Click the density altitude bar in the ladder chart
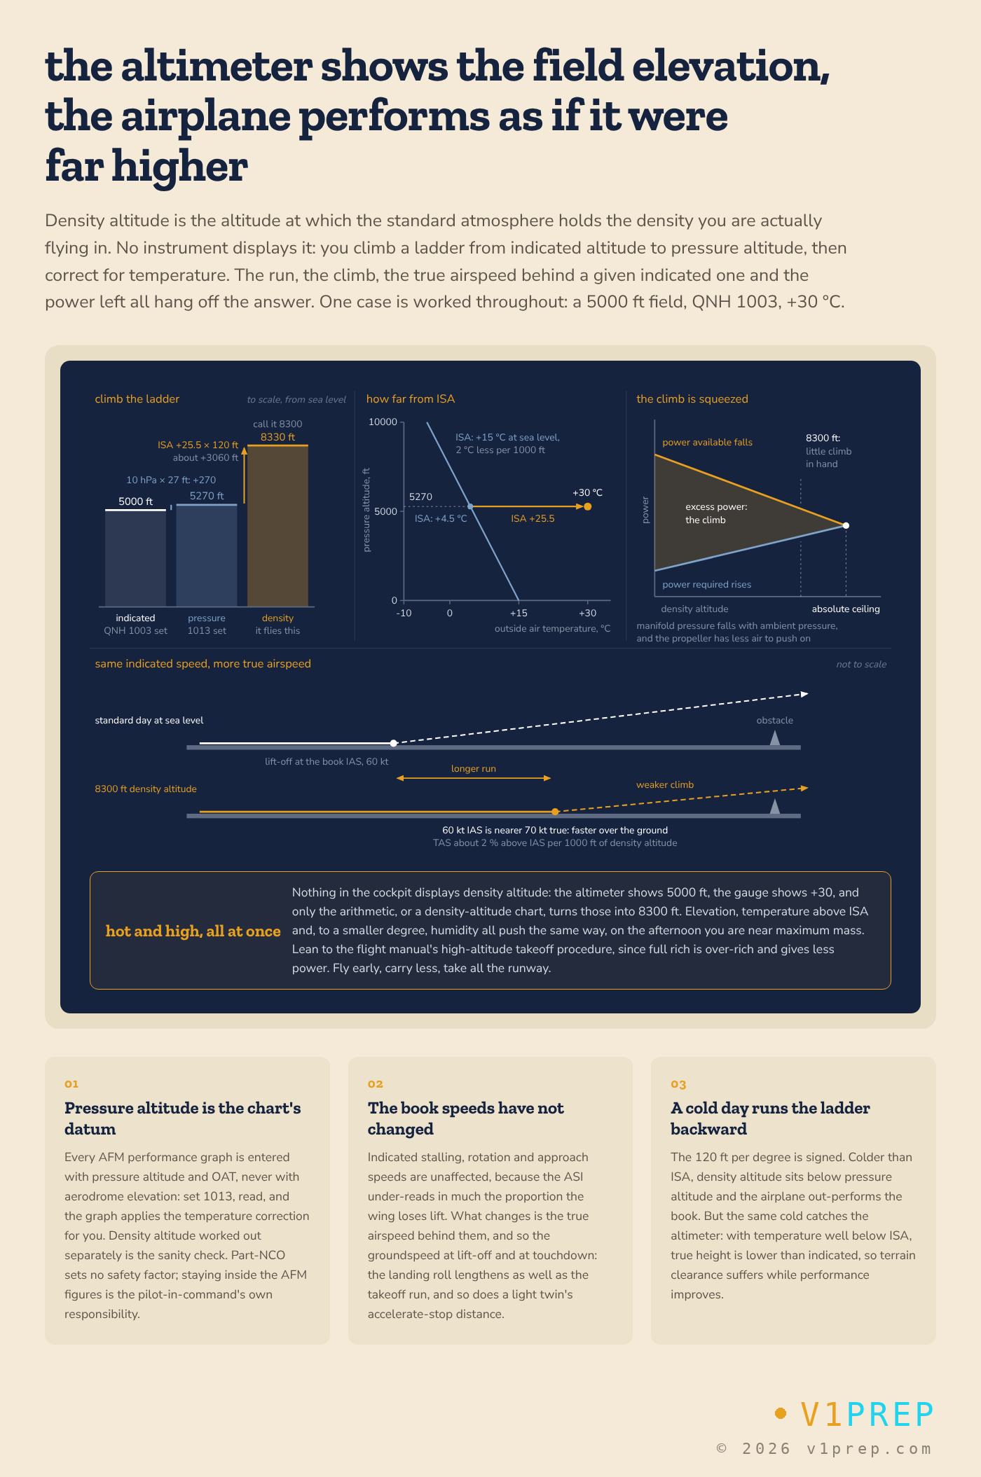[277, 525]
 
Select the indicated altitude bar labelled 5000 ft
[135, 558]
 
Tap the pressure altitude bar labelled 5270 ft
[207, 555]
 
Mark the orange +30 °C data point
[587, 506]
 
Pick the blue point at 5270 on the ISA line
[470, 506]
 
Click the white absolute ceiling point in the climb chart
[846, 525]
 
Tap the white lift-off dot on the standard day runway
[394, 743]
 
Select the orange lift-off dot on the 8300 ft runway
[555, 812]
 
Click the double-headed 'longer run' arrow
[474, 778]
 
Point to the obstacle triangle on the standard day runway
[774, 738]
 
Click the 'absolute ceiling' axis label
[846, 609]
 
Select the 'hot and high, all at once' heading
[193, 931]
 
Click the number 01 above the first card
[71, 1083]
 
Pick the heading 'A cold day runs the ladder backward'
[770, 1118]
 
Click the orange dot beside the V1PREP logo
[781, 1413]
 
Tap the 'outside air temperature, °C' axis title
[553, 629]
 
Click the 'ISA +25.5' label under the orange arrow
[533, 519]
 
